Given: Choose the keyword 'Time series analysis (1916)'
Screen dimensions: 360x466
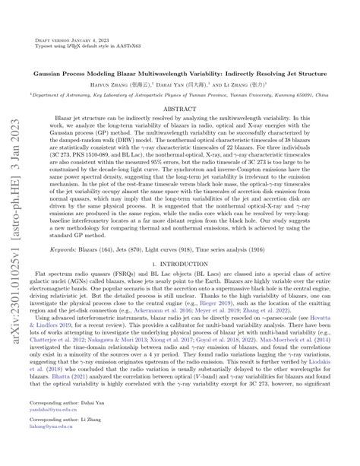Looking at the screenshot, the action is (x=242, y=249).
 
